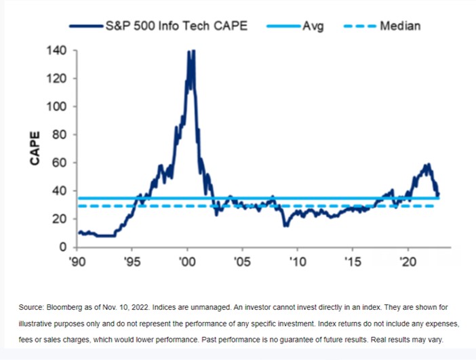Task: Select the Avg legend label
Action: (313, 26)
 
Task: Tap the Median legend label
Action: (400, 26)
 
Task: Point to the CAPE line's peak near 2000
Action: (191, 51)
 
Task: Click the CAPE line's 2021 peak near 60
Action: (428, 164)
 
